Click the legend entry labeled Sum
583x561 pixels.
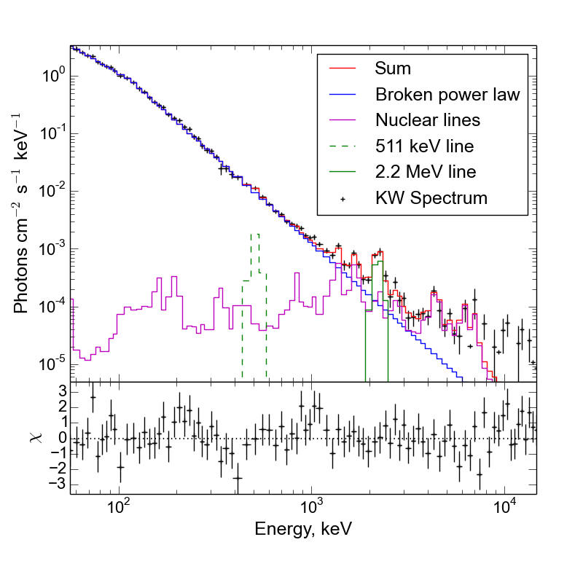click(x=393, y=69)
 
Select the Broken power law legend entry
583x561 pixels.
click(x=447, y=95)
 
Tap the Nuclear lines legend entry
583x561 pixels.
click(x=427, y=120)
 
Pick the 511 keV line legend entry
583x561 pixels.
click(x=424, y=146)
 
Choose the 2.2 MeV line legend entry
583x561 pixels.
click(x=426, y=172)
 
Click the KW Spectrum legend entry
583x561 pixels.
click(x=431, y=197)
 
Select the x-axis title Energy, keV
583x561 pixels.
click(x=303, y=530)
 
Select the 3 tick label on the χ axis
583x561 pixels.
click(x=63, y=392)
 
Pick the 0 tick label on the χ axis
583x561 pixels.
click(x=63, y=438)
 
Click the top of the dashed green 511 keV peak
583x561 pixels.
click(x=254, y=235)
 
